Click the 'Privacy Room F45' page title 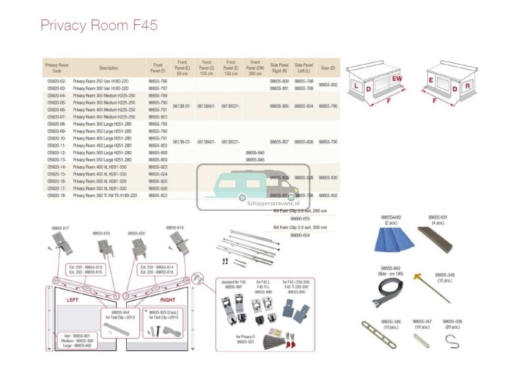[99, 26]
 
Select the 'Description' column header [108, 68]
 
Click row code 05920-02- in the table [56, 81]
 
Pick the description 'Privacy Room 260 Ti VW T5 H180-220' [105, 196]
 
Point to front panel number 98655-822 [158, 196]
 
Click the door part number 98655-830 [328, 178]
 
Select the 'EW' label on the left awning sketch [397, 79]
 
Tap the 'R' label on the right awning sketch [467, 86]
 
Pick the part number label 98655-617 [60, 228]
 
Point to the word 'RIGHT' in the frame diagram [168, 300]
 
